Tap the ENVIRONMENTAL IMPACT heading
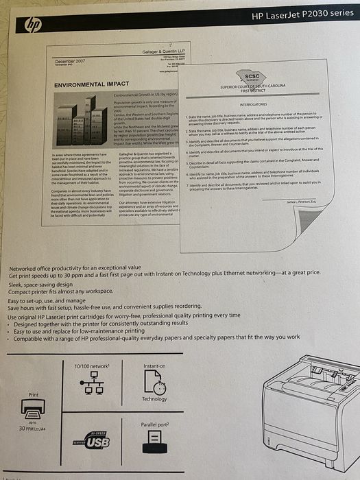87,84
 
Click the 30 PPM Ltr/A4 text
33,429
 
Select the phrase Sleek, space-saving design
40,283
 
